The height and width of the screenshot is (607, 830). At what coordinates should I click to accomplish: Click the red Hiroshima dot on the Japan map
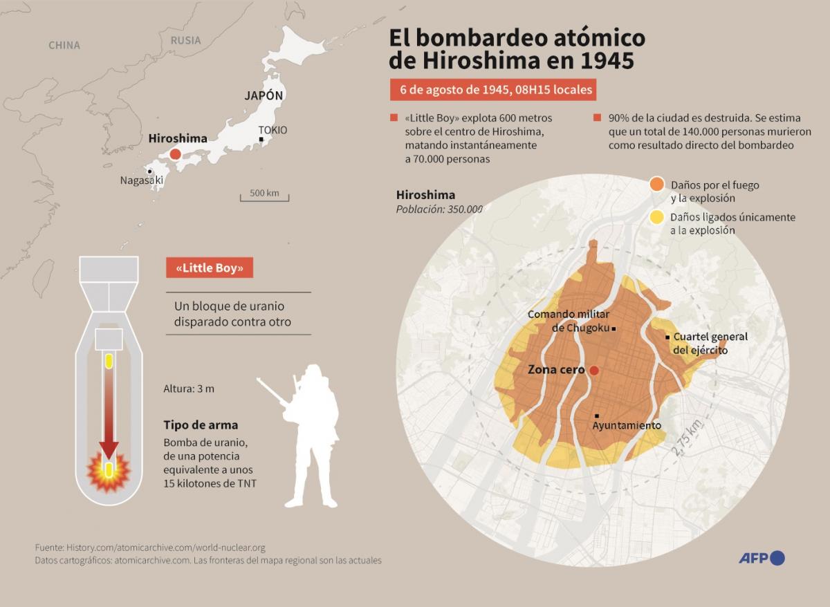coord(175,154)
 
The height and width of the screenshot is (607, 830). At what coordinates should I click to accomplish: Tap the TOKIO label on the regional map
coord(273,130)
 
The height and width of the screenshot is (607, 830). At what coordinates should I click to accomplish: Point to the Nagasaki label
coord(141,180)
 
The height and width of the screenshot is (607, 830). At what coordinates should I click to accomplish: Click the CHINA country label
coord(64,45)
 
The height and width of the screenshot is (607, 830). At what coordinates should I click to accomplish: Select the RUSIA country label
coord(185,40)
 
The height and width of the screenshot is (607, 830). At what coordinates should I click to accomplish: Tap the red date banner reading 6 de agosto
coord(492,91)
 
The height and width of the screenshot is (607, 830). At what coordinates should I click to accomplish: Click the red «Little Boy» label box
coord(210,268)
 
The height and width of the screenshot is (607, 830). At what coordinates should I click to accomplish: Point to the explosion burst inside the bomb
coord(108,471)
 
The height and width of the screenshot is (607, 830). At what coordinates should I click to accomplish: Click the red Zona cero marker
coord(593,371)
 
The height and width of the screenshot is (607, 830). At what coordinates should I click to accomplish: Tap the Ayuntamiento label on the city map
coord(627,425)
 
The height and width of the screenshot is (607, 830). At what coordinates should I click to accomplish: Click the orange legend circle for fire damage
coord(656,185)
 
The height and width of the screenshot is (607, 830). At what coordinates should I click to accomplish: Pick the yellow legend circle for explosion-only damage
coord(656,217)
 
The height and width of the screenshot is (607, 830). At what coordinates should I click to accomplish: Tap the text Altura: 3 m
coord(189,389)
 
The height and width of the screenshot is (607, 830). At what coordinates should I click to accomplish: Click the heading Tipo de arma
coord(201,424)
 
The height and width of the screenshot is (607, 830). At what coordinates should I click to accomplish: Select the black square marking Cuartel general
coord(667,337)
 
